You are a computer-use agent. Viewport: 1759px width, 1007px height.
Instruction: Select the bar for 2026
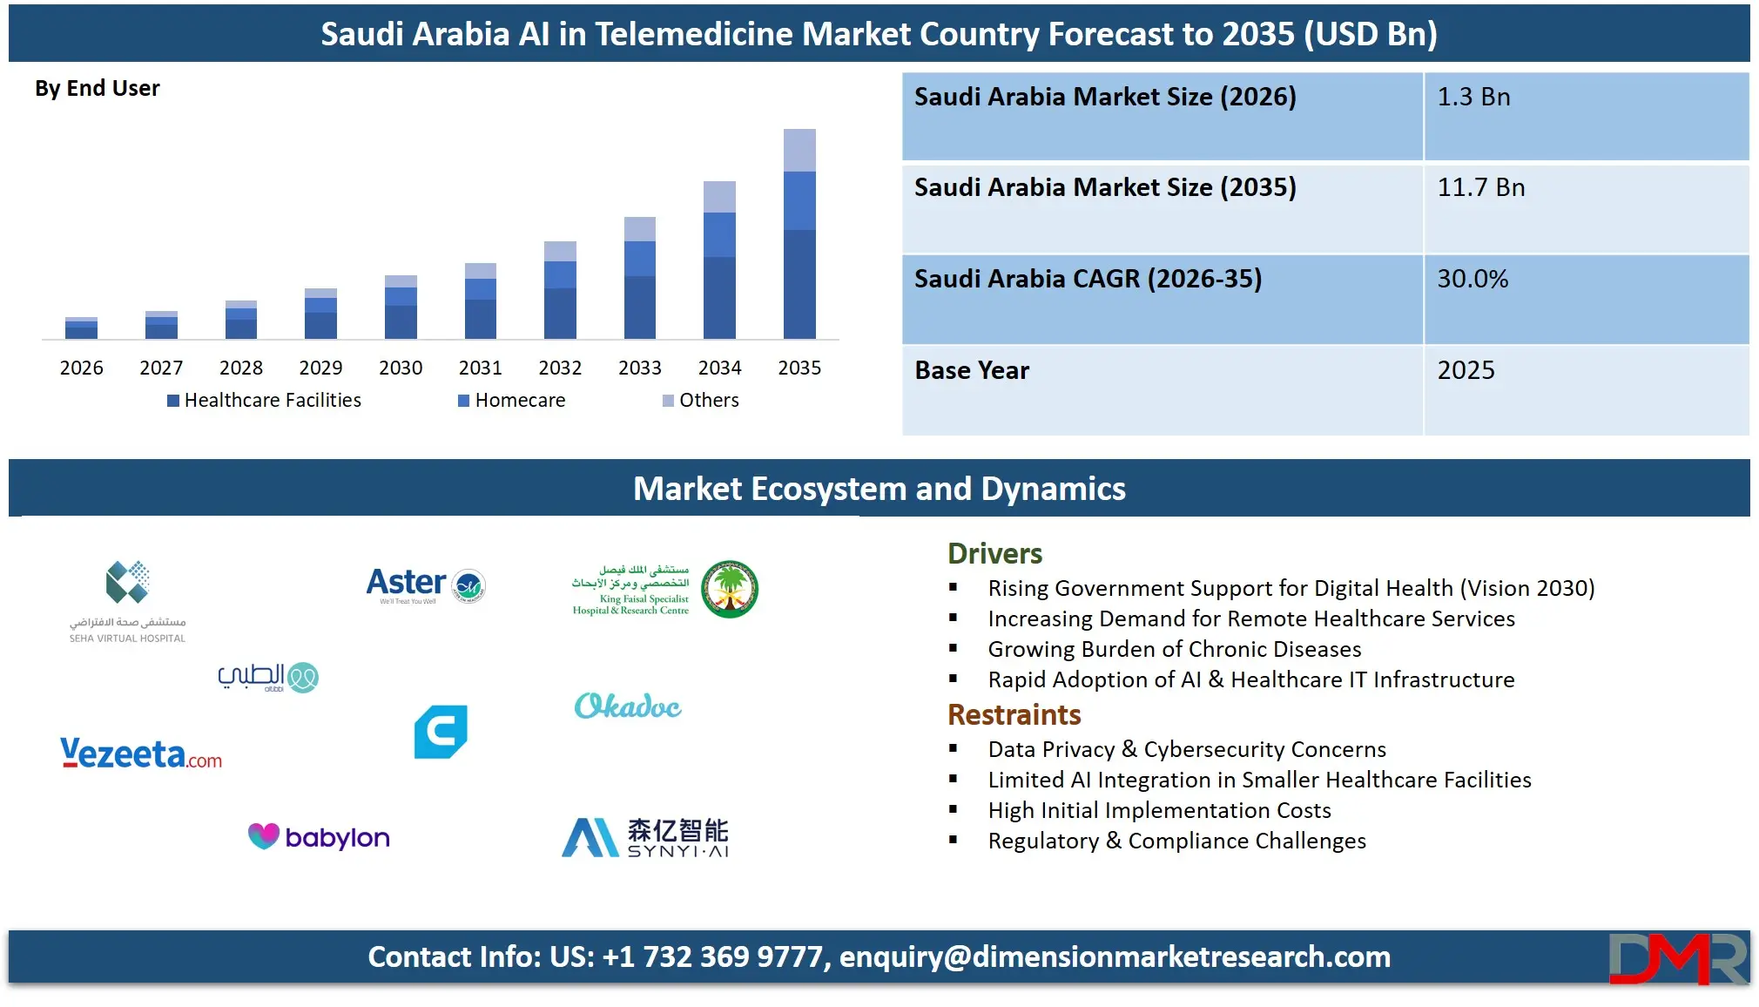coord(81,328)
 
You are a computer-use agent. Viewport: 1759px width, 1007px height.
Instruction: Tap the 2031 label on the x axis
coord(480,368)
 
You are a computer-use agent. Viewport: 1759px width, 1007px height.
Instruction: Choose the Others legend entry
coord(701,400)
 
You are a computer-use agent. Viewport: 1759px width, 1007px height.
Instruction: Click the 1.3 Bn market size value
coord(1473,97)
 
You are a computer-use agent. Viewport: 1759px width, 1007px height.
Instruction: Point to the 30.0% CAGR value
coord(1473,279)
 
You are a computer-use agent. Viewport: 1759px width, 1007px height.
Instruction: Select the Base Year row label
coord(972,370)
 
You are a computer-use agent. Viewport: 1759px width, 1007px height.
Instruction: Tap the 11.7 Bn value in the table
coord(1480,187)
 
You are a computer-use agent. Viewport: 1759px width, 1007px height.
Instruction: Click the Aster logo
coord(425,585)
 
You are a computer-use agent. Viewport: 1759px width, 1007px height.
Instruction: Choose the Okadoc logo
coord(628,706)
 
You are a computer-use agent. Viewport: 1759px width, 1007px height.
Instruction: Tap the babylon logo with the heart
coord(319,836)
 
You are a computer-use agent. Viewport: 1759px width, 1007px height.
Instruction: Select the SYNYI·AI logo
coord(645,837)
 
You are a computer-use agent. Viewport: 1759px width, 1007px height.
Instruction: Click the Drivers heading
coord(994,553)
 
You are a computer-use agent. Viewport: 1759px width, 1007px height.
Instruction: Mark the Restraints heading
coord(1014,714)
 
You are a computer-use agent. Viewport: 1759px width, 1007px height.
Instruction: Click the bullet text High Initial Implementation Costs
coord(1159,810)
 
